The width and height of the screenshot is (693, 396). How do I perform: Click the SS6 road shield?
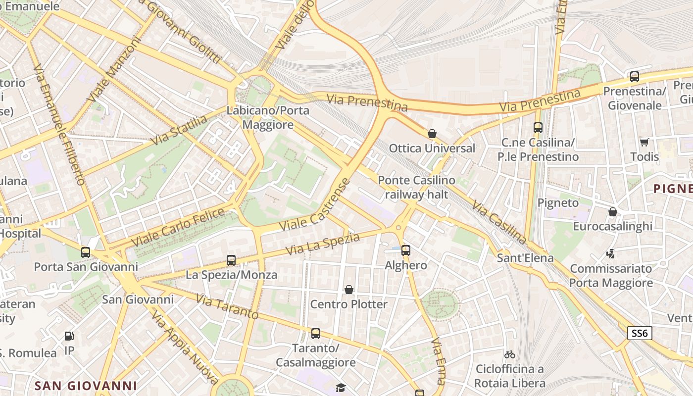coord(640,333)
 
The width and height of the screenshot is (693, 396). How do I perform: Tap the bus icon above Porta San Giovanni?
coord(86,252)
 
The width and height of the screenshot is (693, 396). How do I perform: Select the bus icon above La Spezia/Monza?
coord(231,260)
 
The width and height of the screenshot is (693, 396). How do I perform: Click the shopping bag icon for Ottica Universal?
coord(432,134)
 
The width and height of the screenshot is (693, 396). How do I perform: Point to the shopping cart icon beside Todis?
coord(644,142)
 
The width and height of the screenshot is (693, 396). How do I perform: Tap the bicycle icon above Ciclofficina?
coord(510,354)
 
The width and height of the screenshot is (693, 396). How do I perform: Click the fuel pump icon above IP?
coord(69,337)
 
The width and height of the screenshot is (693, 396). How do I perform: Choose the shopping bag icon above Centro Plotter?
coord(349,290)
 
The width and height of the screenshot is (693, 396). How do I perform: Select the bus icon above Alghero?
coord(406,250)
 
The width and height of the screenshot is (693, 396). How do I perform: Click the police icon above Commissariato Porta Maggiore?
coord(611,254)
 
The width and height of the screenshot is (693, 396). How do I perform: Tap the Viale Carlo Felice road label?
coord(178,228)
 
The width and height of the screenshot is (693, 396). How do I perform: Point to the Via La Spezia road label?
coord(322,245)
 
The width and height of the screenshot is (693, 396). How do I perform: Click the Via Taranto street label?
coord(227,307)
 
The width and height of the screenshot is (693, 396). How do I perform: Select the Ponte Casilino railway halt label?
coord(416,188)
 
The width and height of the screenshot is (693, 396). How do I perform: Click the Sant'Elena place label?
coord(525,258)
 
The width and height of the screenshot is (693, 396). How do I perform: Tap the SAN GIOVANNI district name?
coord(86,386)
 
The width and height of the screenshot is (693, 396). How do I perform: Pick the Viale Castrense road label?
coord(315,204)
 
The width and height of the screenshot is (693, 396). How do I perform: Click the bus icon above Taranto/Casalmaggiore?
coord(316,334)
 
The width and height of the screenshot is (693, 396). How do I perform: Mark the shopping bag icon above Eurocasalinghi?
coord(613,212)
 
